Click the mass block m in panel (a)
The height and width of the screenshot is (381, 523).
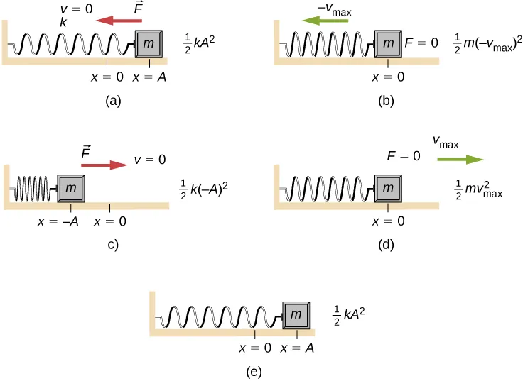point(151,45)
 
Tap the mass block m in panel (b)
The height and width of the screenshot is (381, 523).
point(388,45)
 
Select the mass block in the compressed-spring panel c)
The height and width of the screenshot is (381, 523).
point(70,189)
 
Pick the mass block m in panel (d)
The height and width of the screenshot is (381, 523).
point(388,189)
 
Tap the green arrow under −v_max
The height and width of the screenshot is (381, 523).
point(325,21)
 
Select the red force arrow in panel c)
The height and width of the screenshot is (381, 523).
point(104,165)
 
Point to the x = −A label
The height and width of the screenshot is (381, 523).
point(60,221)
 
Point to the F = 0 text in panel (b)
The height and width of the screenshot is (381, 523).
point(425,44)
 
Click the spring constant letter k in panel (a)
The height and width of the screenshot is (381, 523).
point(63,24)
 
